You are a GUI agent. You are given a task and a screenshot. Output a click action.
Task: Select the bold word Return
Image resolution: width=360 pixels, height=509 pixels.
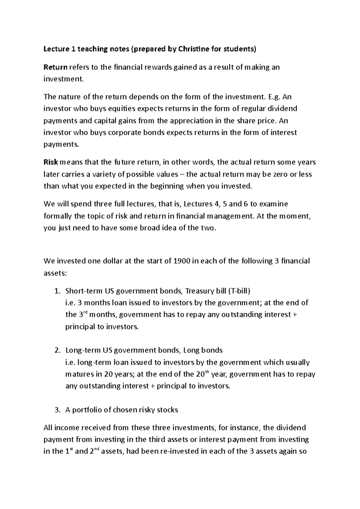(x=55, y=67)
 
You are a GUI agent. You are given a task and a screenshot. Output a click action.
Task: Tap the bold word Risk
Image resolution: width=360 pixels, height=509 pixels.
(x=51, y=162)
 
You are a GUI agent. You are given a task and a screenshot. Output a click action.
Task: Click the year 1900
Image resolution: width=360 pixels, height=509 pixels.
(x=181, y=261)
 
